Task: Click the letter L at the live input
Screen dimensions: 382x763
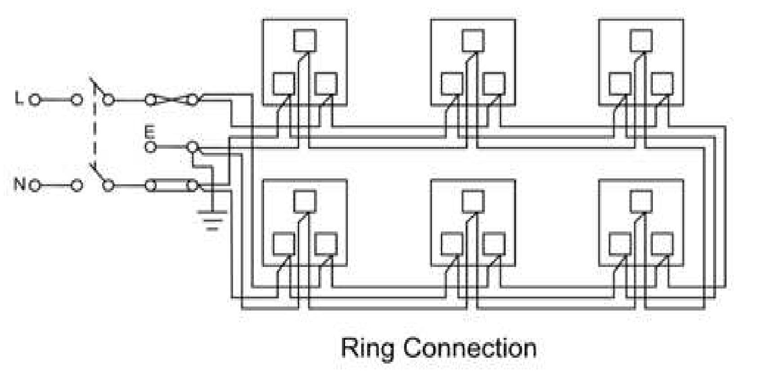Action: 18,98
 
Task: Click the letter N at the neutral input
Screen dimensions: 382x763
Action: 20,184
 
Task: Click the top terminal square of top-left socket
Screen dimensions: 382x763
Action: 305,40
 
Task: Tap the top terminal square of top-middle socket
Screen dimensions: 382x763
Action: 473,40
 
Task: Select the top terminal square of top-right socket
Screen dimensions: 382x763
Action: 641,40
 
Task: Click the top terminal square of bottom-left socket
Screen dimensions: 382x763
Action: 305,201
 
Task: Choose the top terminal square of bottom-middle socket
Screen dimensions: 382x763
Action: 473,201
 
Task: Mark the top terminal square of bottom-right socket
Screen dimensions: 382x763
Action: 641,201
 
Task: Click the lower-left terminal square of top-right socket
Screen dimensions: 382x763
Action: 620,84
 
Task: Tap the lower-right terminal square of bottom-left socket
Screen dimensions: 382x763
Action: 326,244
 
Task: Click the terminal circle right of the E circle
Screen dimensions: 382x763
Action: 192,147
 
